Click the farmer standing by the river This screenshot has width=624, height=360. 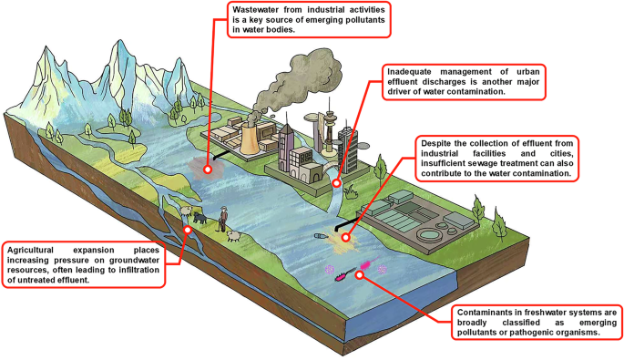pyautogui.click(x=223, y=219)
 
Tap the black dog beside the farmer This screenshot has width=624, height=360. pyautogui.click(x=200, y=218)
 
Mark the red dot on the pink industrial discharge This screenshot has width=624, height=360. pyautogui.click(x=208, y=170)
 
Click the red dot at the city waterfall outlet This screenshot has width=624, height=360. pyautogui.click(x=337, y=183)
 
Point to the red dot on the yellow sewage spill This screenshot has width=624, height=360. pyautogui.click(x=346, y=237)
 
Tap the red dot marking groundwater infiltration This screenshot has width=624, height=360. pyautogui.click(x=188, y=230)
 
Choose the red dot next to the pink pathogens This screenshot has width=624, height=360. pyautogui.click(x=359, y=274)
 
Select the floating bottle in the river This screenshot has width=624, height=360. pyautogui.click(x=321, y=236)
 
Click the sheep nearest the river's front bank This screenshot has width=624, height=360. pyautogui.click(x=234, y=237)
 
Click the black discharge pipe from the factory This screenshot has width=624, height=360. pyautogui.click(x=221, y=155)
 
